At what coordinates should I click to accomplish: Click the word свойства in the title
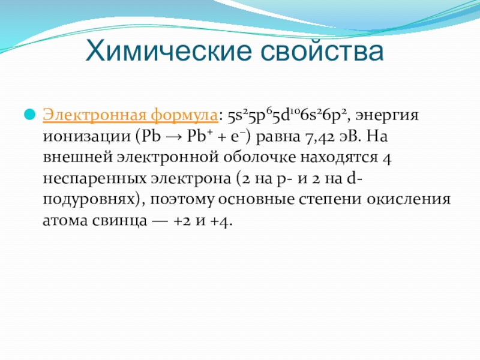click(322, 52)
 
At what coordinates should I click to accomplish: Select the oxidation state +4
click(218, 221)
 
